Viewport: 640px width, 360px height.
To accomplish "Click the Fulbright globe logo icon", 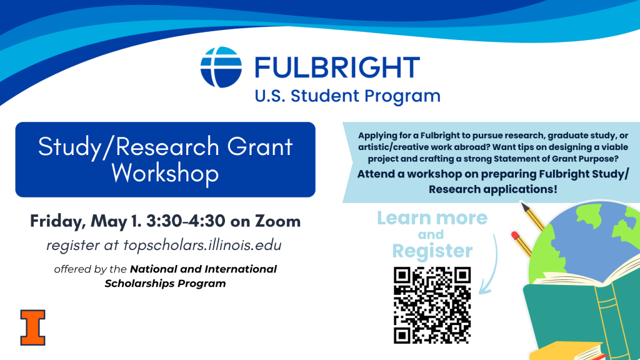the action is click(221, 67).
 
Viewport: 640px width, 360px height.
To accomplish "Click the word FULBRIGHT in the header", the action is click(337, 67).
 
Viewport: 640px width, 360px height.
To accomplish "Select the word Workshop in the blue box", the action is click(165, 174).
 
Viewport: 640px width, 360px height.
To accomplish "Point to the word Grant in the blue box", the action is click(260, 146).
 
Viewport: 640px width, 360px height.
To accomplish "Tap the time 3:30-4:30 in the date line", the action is click(186, 221).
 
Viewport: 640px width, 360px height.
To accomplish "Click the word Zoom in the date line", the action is click(278, 221).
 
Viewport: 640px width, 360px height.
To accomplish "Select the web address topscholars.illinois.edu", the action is click(202, 245).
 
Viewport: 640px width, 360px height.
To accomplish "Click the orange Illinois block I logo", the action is click(32, 327).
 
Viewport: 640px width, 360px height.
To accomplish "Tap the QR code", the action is click(432, 305).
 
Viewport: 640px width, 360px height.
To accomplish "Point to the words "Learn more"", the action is click(432, 218).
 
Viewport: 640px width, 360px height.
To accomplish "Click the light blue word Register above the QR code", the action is click(432, 251).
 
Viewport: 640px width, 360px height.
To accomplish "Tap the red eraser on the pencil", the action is click(515, 235).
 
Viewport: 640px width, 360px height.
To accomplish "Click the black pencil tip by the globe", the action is click(525, 206).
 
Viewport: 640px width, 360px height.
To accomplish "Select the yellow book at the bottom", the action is click(567, 351).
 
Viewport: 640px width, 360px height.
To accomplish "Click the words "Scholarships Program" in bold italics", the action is click(165, 284).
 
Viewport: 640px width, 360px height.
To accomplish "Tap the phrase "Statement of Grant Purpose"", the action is click(556, 159).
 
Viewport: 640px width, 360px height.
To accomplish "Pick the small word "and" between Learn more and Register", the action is click(431, 235).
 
